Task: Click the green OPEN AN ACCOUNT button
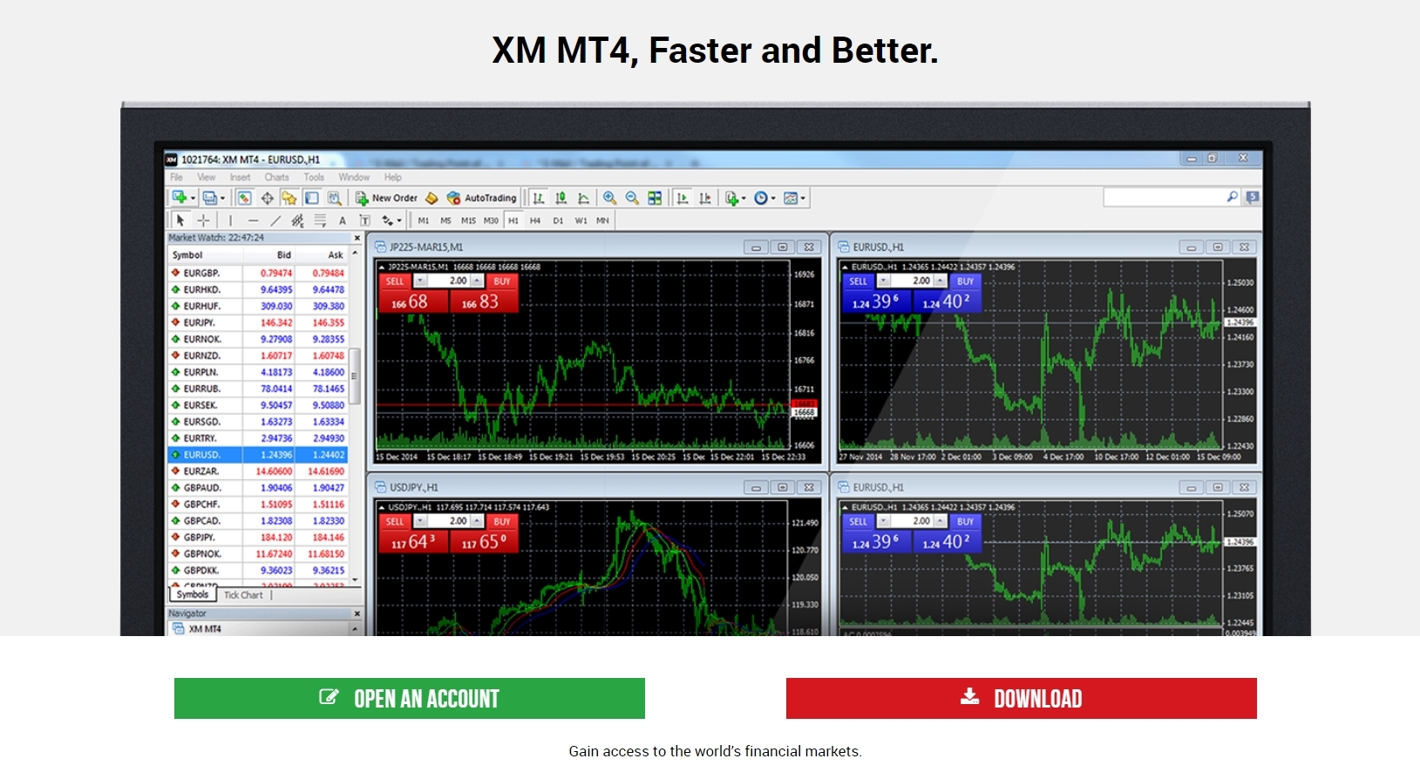pos(409,698)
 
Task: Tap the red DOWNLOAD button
pos(1021,698)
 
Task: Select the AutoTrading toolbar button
pos(482,198)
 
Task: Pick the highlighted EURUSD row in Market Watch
pos(258,455)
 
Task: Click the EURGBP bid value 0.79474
pos(276,273)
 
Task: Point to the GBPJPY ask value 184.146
pos(328,538)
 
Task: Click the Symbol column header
pos(187,255)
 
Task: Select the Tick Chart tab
pos(243,595)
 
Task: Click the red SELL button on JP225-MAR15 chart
pos(395,281)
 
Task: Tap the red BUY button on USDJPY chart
pos(502,522)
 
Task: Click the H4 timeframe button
pos(535,220)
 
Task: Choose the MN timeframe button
pos(602,220)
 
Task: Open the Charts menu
pos(276,177)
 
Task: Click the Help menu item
pos(393,177)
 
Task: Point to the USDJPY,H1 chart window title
pos(414,487)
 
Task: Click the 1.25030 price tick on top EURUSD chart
pos(1240,282)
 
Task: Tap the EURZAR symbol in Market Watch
pos(200,471)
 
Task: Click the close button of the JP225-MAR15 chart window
pos(809,247)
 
